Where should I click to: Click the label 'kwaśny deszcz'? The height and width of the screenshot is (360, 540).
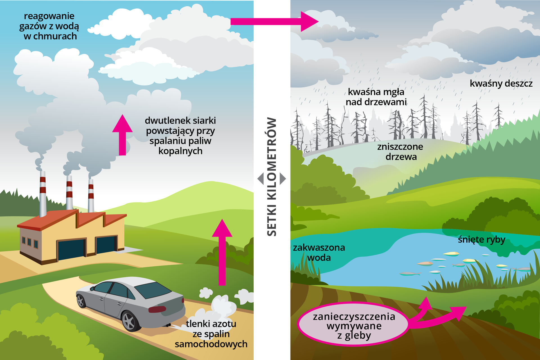pos(501,84)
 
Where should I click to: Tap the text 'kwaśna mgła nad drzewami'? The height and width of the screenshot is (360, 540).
pos(376,97)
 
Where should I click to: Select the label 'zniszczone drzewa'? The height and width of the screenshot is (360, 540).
pos(400,152)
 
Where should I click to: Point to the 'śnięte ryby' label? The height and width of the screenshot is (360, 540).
pos(481,240)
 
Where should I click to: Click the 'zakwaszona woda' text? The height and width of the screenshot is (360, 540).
pos(319,253)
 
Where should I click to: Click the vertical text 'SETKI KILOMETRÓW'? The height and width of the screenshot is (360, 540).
pos(272,177)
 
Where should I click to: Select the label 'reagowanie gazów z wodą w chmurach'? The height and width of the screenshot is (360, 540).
pos(49,26)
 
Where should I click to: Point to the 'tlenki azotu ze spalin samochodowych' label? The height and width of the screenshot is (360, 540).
pos(211,334)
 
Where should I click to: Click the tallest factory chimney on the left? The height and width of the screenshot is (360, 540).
pos(43,194)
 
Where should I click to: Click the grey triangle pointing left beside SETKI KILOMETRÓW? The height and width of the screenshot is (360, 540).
pos(261,179)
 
